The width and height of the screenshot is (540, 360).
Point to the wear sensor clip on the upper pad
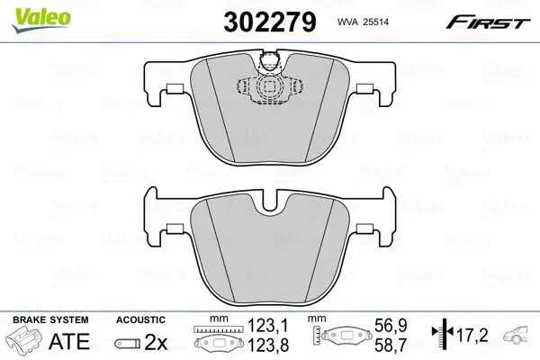pyautogui.click(x=267, y=63)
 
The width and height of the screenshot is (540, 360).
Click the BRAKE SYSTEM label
pyautogui.click(x=49, y=319)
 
